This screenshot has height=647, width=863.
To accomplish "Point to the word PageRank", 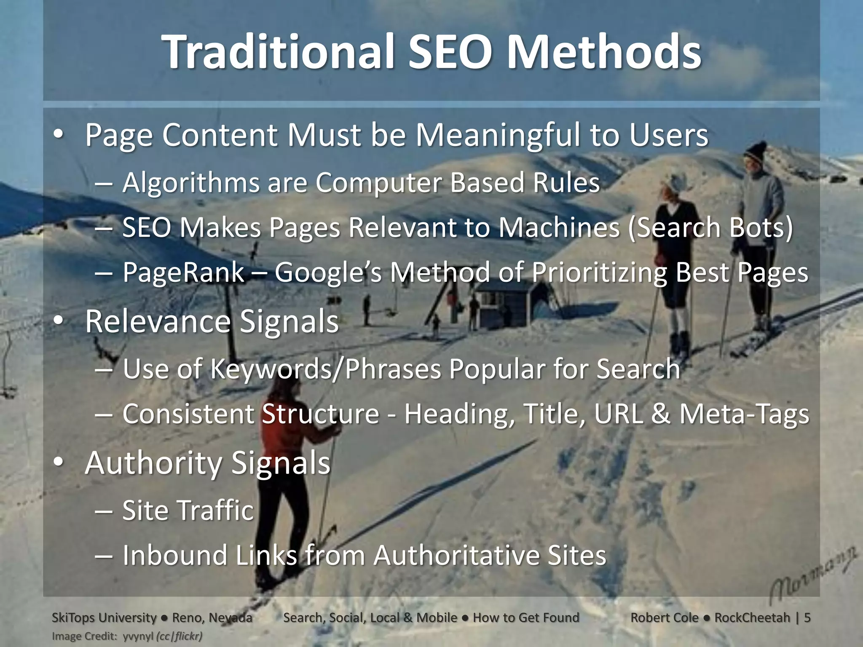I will click(183, 272).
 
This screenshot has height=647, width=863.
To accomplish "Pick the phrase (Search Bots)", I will click(710, 227).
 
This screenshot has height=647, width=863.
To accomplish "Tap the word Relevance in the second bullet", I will click(158, 321).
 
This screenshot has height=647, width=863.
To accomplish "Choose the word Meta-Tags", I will click(744, 414).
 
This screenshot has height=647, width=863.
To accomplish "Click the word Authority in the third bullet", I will click(153, 463).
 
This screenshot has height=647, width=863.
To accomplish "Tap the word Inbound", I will click(174, 555).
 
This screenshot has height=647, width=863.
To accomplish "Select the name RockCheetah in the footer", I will click(752, 618).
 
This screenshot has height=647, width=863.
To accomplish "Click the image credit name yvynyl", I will click(138, 636).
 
